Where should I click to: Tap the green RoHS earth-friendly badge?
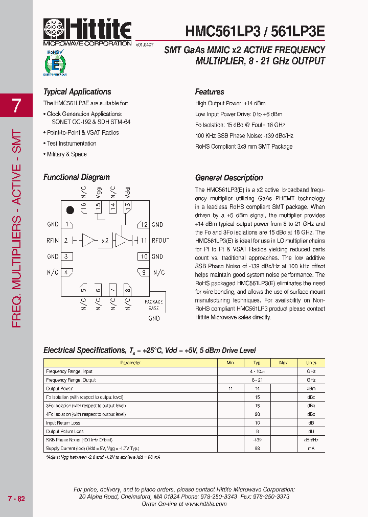(x=56, y=62)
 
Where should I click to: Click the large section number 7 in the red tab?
(x=17, y=105)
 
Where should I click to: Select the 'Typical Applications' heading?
(x=77, y=92)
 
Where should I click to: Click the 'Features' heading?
(x=210, y=92)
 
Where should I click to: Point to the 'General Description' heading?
(x=229, y=178)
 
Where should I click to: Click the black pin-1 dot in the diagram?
(x=71, y=209)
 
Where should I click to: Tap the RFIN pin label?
(x=53, y=241)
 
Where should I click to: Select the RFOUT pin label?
(x=160, y=241)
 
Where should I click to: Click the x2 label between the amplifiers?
(x=105, y=241)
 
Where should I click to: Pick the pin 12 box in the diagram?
(x=144, y=225)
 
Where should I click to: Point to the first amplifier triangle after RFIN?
(x=89, y=241)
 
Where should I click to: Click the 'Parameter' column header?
(x=130, y=363)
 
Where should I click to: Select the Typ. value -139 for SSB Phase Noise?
(x=257, y=440)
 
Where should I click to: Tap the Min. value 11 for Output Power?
(x=231, y=389)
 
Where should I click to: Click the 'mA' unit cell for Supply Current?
(x=311, y=448)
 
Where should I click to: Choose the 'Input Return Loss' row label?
(x=63, y=422)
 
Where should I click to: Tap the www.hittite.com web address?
(x=205, y=504)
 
